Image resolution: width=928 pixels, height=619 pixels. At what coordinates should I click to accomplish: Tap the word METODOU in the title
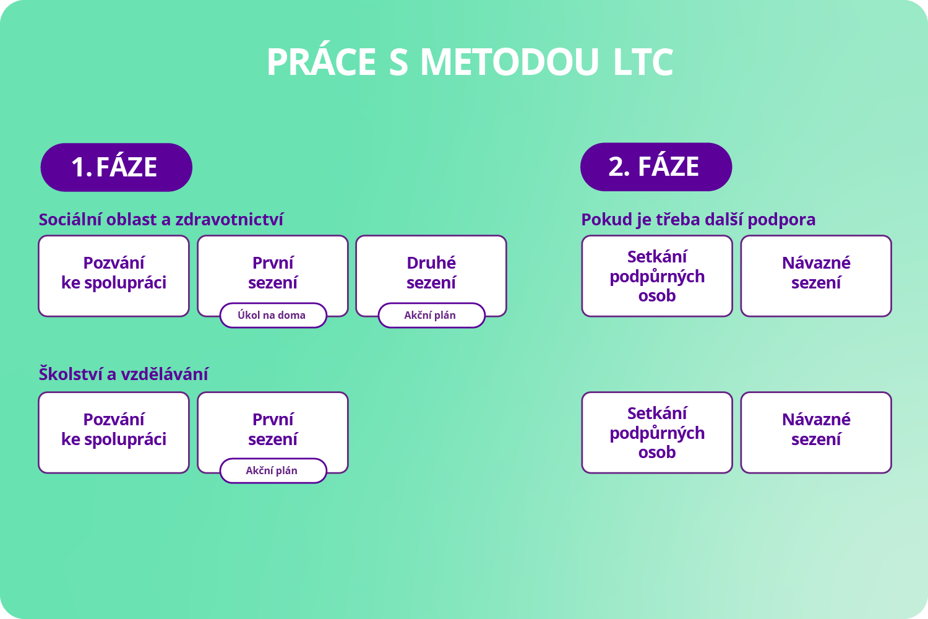(x=510, y=62)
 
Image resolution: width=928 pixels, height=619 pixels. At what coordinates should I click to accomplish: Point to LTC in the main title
(x=643, y=62)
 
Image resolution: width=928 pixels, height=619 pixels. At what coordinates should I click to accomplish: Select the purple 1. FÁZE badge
(x=116, y=167)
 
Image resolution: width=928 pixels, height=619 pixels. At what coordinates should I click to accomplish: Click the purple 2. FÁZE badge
(x=656, y=167)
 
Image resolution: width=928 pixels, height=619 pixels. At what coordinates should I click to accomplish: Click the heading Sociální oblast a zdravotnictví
(x=161, y=219)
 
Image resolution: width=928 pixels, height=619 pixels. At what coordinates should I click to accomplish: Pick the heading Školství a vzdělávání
(x=124, y=374)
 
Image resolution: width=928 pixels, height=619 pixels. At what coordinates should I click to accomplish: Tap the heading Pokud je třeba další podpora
(x=698, y=220)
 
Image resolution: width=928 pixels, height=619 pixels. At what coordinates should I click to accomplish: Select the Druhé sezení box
(x=431, y=275)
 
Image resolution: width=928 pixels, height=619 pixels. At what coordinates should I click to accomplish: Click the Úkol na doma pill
(x=273, y=316)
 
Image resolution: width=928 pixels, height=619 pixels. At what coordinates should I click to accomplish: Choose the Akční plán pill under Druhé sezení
(x=432, y=316)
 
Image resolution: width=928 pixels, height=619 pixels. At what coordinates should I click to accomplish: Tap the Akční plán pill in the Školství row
(x=273, y=470)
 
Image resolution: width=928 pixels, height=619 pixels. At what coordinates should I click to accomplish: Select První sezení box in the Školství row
(x=273, y=426)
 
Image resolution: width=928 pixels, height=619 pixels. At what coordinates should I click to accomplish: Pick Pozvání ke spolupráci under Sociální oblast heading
(x=114, y=275)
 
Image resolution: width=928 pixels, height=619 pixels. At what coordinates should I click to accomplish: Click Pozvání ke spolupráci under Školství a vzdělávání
(x=114, y=433)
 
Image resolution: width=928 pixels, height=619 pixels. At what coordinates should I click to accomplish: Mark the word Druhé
(x=431, y=262)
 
